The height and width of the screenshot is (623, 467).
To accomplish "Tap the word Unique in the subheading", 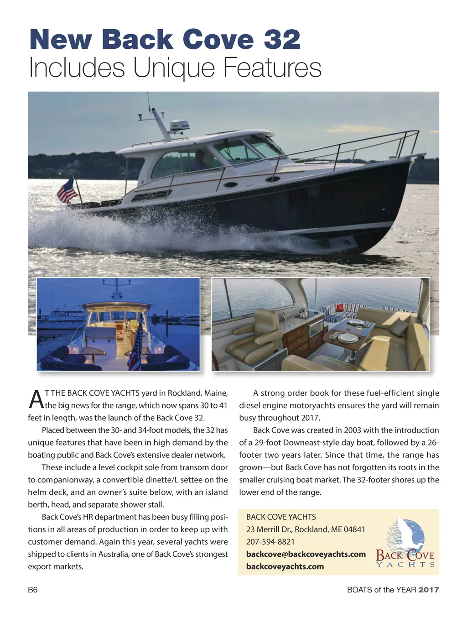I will tap(174, 68).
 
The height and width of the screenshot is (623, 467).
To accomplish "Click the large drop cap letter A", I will tap(36, 399).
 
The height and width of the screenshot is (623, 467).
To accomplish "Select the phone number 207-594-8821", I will tap(270, 542).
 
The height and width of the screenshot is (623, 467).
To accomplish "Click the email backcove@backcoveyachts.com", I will tap(306, 554).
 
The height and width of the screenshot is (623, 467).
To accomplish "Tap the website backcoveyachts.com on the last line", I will tap(285, 566).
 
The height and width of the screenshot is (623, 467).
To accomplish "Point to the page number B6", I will tap(33, 590).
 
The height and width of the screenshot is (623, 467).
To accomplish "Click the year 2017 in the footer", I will tap(429, 590).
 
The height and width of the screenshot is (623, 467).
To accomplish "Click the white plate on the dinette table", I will tap(348, 338).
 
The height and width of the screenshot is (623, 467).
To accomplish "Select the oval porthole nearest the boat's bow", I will tap(273, 179).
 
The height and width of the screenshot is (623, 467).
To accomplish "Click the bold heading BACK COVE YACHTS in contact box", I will tap(281, 517).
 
